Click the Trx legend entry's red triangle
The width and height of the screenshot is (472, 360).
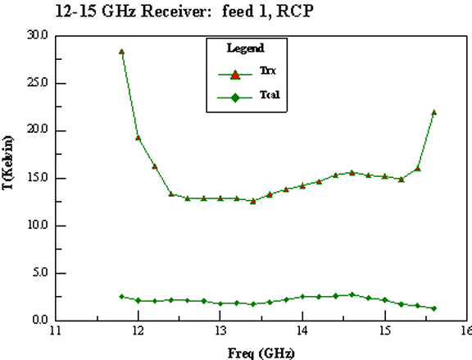pos(235,75)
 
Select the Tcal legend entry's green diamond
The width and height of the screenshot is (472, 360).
pos(235,98)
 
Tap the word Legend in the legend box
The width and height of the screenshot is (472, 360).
pos(246,48)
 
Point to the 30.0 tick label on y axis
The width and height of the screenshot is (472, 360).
pos(38,35)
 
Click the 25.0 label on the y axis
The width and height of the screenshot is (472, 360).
pos(38,83)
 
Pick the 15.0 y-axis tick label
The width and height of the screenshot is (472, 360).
pos(38,178)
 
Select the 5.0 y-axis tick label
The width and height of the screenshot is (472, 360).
pos(40,272)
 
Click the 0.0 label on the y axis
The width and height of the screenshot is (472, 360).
pos(40,320)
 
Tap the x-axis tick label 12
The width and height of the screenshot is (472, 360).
pos(138,330)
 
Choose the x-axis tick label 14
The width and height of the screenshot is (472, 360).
pos(302,330)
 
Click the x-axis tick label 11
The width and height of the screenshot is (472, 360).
pos(56,330)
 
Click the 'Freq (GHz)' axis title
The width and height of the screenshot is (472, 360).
pos(261,353)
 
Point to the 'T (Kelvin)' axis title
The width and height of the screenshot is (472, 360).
pos(8,162)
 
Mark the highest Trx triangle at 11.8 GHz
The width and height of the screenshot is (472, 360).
pos(121,52)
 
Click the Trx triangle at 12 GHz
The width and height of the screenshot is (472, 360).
pos(138,138)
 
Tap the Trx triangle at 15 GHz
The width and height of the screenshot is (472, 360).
pos(384,176)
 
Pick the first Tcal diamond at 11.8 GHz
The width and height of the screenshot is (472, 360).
pos(121,297)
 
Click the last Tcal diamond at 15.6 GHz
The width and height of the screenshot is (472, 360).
pos(434,308)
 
